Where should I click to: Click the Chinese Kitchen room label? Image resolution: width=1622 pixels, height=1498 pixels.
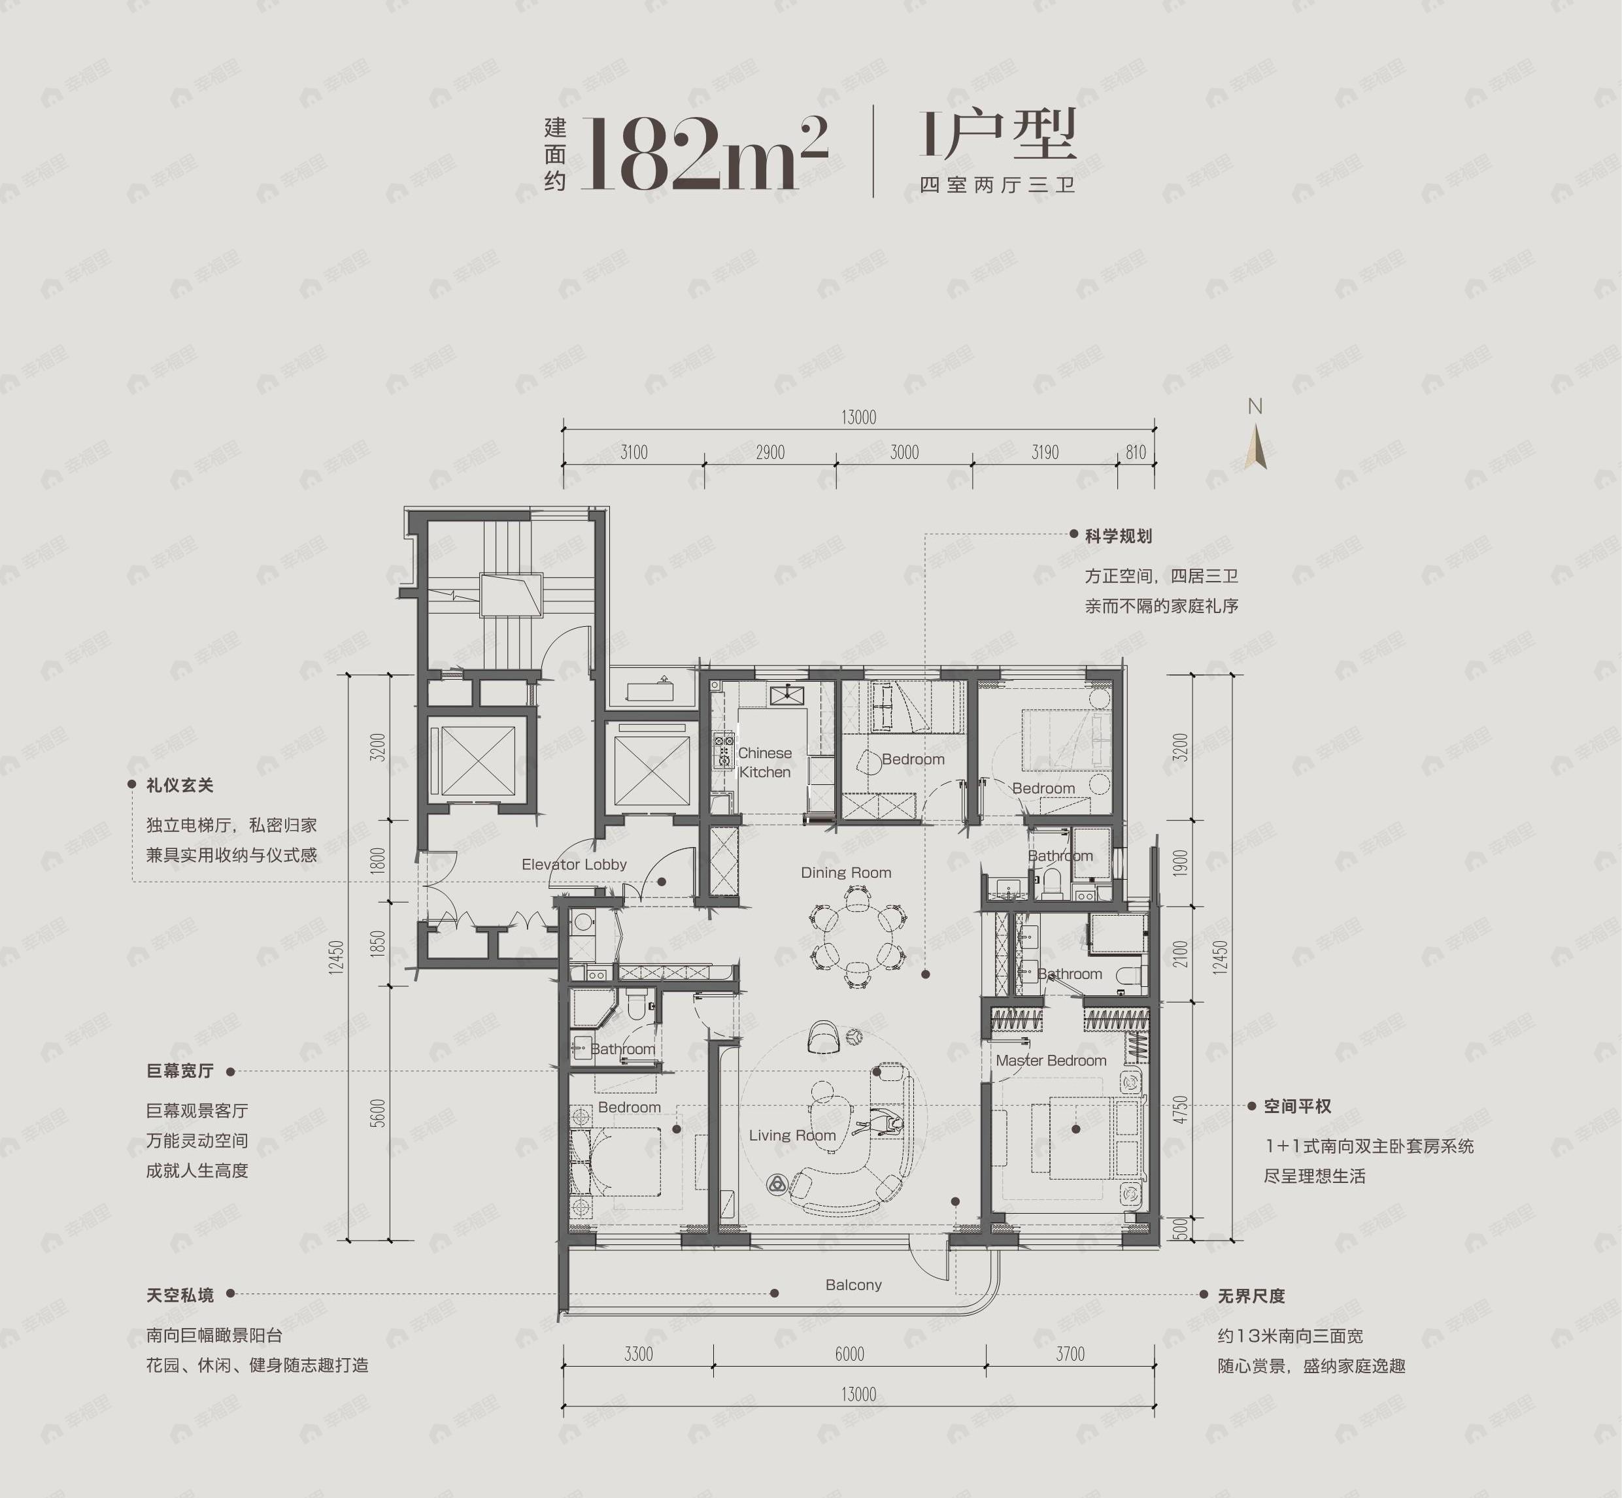click(765, 763)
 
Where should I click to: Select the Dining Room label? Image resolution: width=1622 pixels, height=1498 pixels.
click(846, 873)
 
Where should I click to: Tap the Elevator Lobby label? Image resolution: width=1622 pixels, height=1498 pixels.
click(573, 865)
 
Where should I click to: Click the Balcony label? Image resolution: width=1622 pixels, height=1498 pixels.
click(853, 1285)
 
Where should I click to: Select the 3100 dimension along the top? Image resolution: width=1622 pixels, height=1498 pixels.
click(634, 452)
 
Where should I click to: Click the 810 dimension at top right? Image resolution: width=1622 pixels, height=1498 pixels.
click(1136, 452)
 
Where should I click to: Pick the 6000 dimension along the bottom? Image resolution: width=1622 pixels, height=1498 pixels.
click(849, 1354)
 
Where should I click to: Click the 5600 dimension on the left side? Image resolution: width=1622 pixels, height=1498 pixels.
click(378, 1113)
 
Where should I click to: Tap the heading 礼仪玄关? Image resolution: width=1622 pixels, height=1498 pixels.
click(180, 786)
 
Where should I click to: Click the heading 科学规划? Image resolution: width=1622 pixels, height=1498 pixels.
click(1119, 536)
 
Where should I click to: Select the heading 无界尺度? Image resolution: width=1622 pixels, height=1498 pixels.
click(1251, 1296)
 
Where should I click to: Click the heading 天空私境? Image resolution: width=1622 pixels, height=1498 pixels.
click(180, 1295)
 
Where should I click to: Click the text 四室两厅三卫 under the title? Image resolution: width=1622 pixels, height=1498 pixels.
click(998, 186)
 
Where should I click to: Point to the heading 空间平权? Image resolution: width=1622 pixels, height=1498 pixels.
click(1297, 1107)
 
